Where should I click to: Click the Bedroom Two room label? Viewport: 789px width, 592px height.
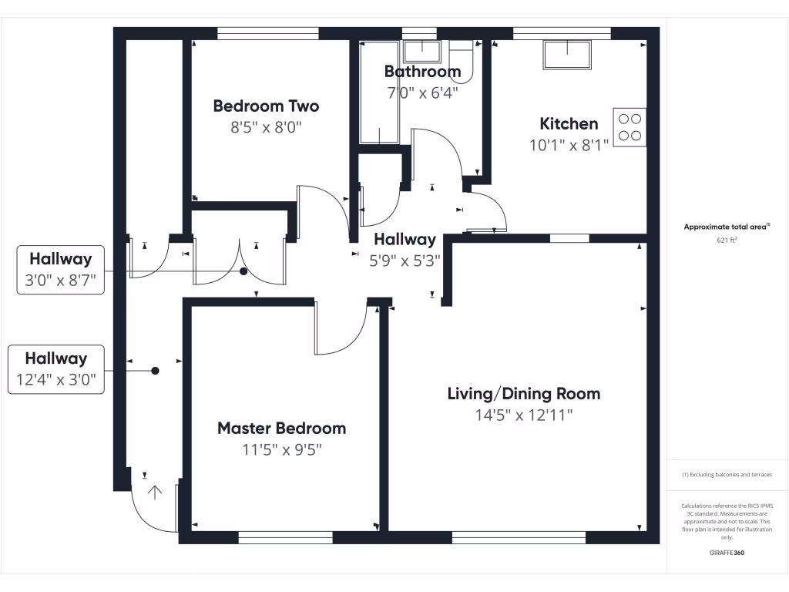[266, 106]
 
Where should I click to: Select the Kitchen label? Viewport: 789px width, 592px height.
[569, 123]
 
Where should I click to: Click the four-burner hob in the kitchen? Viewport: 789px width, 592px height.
[630, 127]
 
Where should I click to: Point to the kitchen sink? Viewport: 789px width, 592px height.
[568, 55]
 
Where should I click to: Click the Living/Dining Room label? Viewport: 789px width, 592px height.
[524, 394]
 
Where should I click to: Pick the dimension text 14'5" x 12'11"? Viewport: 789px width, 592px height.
[524, 415]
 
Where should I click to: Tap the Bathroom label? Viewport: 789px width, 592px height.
[422, 72]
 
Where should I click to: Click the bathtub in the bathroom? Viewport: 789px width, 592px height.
[379, 92]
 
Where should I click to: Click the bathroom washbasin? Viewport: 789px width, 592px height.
[421, 52]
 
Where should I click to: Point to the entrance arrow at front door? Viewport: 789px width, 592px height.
[155, 493]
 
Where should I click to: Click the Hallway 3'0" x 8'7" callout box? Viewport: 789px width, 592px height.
[60, 270]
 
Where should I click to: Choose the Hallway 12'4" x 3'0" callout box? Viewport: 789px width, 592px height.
[55, 369]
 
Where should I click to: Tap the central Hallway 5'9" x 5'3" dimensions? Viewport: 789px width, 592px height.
[405, 261]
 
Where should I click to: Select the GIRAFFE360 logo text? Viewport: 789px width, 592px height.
[727, 553]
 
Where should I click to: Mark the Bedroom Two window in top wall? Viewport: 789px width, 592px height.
[268, 33]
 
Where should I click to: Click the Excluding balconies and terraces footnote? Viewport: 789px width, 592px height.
[727, 475]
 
